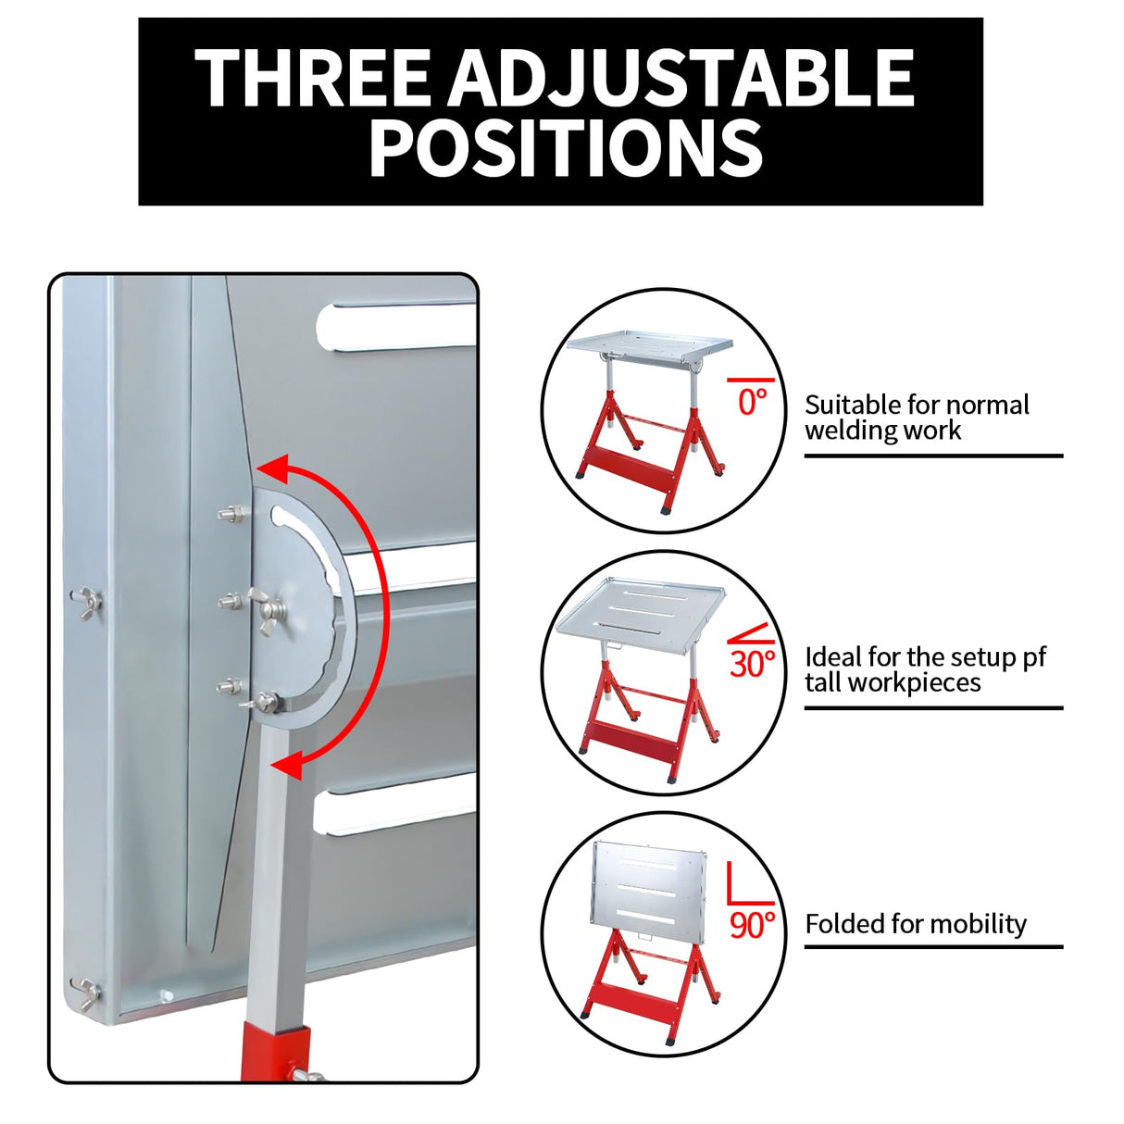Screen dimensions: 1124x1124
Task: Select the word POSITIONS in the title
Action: click(x=566, y=147)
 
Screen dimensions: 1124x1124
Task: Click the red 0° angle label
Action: click(x=751, y=402)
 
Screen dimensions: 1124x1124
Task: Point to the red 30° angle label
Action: click(x=753, y=663)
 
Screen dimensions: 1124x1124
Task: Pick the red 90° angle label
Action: click(x=753, y=925)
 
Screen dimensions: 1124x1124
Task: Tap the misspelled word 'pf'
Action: click(x=1034, y=658)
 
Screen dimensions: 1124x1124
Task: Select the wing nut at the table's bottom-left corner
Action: click(x=86, y=994)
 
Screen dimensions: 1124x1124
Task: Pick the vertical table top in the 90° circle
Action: click(x=649, y=889)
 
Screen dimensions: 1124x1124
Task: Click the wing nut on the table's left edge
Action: click(x=86, y=603)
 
